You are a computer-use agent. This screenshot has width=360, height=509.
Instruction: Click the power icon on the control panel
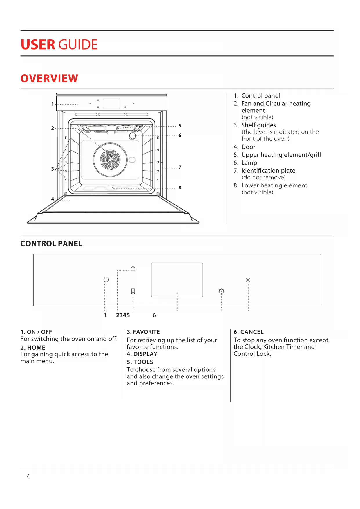coord(106,280)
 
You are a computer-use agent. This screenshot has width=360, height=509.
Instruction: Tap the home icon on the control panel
coord(133,269)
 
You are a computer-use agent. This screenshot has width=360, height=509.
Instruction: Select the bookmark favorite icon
coord(133,291)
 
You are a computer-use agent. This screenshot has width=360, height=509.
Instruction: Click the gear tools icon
coord(221,291)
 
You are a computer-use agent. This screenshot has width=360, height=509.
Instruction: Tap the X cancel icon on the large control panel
coord(248,280)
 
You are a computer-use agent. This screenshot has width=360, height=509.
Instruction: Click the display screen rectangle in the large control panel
coord(177,280)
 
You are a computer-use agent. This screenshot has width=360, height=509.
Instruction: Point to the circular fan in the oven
coord(110,160)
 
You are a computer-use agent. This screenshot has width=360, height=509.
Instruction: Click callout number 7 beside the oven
coord(180,167)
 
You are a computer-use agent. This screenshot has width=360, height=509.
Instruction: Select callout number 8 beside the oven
coord(180,188)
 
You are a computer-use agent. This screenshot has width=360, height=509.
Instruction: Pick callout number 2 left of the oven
coord(53,128)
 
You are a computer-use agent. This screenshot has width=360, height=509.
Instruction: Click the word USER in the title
coord(38,45)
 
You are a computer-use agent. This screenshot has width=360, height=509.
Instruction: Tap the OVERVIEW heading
coord(49,78)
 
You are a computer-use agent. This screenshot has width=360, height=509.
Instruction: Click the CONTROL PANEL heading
coord(51,244)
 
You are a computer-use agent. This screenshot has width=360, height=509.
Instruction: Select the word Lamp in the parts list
coord(249,163)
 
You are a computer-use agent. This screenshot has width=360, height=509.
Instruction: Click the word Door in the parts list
coord(248,147)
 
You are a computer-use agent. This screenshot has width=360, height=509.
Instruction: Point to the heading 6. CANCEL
coord(249,332)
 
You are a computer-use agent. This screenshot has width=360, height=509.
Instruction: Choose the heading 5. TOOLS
coord(140,362)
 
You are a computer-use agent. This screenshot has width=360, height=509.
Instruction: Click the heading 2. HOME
coord(33,348)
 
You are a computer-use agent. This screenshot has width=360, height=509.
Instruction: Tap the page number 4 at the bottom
coord(28,476)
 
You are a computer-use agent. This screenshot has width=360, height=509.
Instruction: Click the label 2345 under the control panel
coord(123,315)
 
